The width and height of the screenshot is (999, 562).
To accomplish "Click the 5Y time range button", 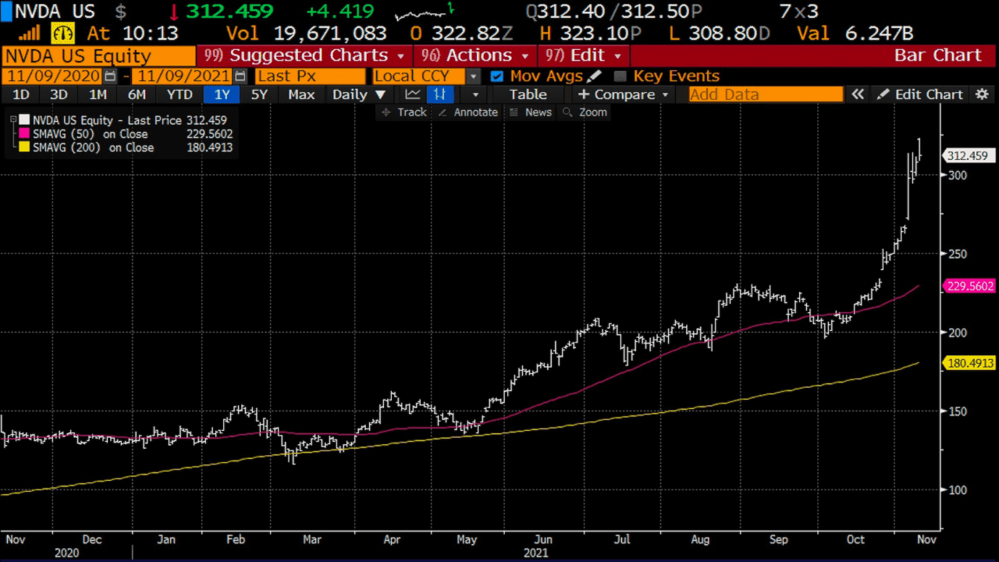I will [x=259, y=94].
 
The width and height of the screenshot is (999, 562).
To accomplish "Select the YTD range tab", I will [x=180, y=94].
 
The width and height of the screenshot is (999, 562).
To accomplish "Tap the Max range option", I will [x=301, y=94].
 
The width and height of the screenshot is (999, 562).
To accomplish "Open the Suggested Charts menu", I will [x=304, y=55].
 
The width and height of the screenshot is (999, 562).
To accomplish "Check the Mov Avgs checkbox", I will [x=496, y=76].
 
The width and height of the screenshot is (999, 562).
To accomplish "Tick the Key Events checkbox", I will [x=620, y=76].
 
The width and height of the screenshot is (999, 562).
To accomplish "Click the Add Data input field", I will [x=765, y=94].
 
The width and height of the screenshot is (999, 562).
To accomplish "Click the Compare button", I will [x=623, y=94].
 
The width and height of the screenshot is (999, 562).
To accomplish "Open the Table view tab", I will [x=528, y=94].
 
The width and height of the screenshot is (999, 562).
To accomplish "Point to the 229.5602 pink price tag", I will [x=971, y=286].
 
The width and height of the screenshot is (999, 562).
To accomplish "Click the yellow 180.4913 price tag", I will [x=971, y=363].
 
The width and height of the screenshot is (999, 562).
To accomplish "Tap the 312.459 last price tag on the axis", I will [x=967, y=156].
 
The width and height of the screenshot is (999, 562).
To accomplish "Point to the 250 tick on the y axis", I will [x=957, y=254].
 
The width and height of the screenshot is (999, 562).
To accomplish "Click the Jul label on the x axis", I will [x=622, y=539].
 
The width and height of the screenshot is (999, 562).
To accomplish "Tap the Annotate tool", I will [x=468, y=112].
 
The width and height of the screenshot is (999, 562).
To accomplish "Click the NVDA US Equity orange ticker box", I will [x=98, y=55].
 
